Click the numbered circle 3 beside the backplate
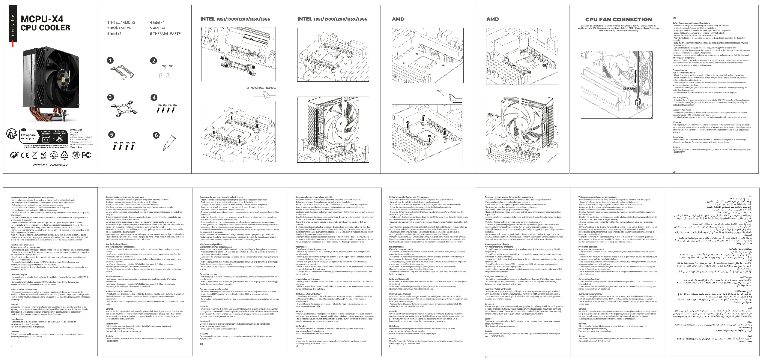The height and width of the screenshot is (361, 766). click(x=110, y=97)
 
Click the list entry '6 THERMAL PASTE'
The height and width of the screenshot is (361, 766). click(x=165, y=34)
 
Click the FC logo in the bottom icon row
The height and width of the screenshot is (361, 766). click(x=86, y=155)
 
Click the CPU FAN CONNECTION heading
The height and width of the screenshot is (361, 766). click(x=619, y=20)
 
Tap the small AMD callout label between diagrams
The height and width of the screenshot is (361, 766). click(x=439, y=91)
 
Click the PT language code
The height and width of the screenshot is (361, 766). click(x=12, y=346)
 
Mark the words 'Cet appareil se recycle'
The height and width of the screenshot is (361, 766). click(x=29, y=137)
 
